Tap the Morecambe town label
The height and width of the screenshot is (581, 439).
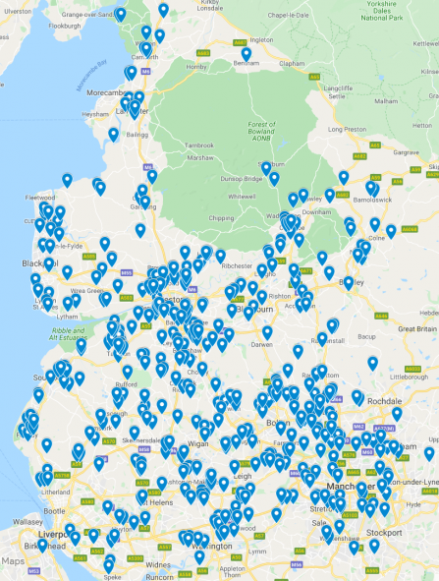click(x=99, y=94)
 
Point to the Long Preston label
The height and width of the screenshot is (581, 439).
click(x=350, y=129)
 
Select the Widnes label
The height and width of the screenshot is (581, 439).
click(x=156, y=566)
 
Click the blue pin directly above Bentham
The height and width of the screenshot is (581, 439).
click(x=247, y=55)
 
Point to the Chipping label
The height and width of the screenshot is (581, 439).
click(x=222, y=218)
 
